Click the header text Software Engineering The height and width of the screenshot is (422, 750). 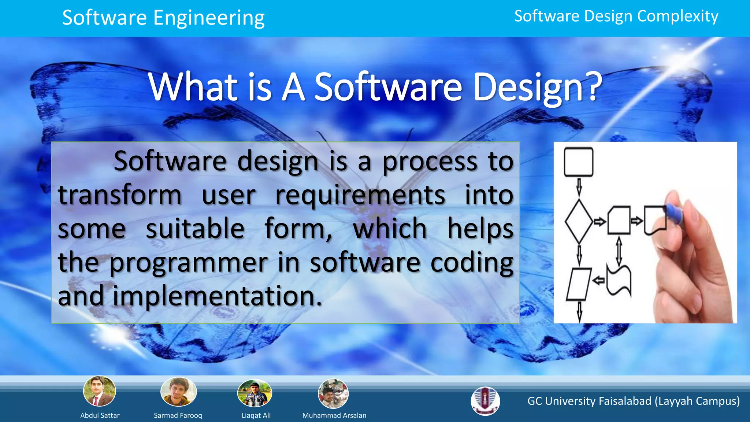pyautogui.click(x=163, y=18)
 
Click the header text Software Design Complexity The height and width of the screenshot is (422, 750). pyautogui.click(x=616, y=16)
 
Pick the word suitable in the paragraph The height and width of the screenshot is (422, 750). pyautogui.click(x=195, y=229)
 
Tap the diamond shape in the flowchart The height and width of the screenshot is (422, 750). pyautogui.click(x=579, y=221)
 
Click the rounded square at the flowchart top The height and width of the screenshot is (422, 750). pyautogui.click(x=579, y=162)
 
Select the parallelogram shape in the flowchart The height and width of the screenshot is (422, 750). pyautogui.click(x=579, y=284)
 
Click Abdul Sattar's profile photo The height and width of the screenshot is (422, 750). pyautogui.click(x=100, y=391)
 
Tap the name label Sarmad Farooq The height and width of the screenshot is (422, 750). pyautogui.click(x=178, y=415)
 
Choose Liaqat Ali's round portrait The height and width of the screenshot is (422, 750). pyautogui.click(x=255, y=393)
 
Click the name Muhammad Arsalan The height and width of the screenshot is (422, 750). pyautogui.click(x=334, y=415)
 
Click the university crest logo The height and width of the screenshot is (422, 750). pyautogui.click(x=485, y=401)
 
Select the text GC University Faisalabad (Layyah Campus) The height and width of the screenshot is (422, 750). pyautogui.click(x=633, y=401)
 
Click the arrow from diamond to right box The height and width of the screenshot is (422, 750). pyautogui.click(x=599, y=222)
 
